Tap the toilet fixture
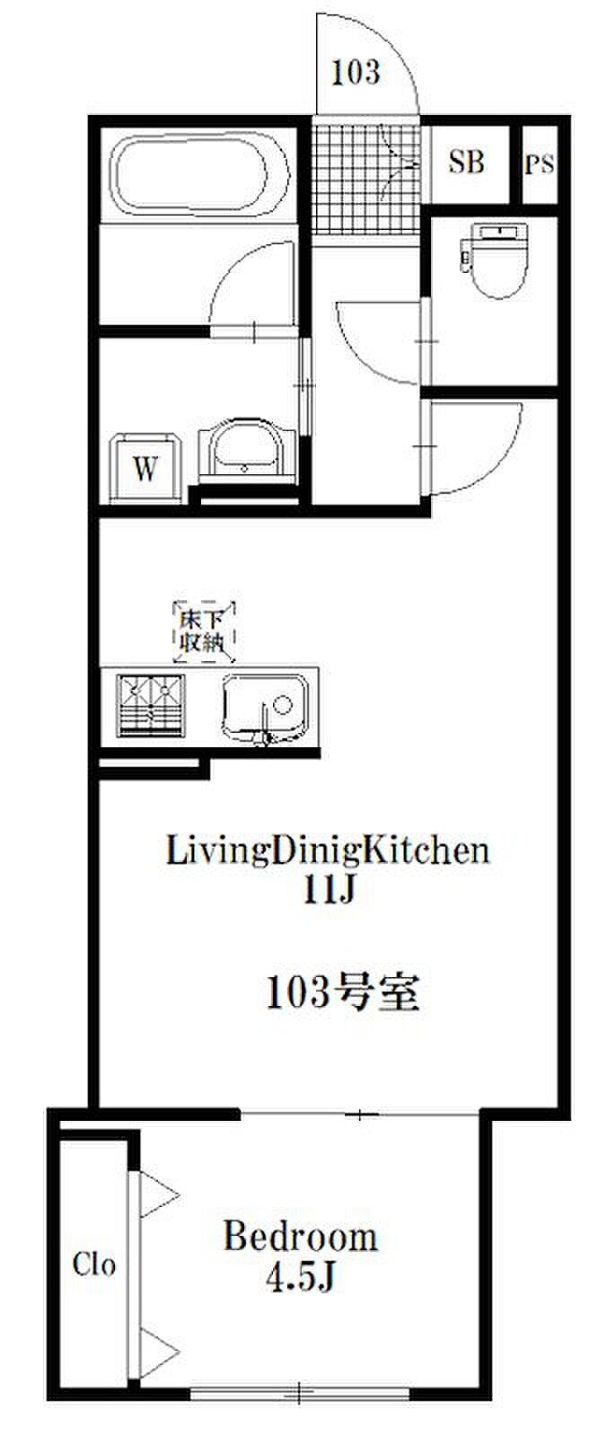[x=494, y=260]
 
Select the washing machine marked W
[x=145, y=469]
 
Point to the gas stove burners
[x=150, y=705]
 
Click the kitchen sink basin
[x=265, y=709]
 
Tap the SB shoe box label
[x=467, y=162]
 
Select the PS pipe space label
[x=539, y=164]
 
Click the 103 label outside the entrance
[x=356, y=72]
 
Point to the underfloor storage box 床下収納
[x=204, y=632]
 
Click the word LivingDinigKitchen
[x=328, y=851]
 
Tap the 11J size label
[x=330, y=890]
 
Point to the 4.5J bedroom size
[x=300, y=1280]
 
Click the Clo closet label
[x=94, y=1264]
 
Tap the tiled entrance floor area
[x=366, y=178]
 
